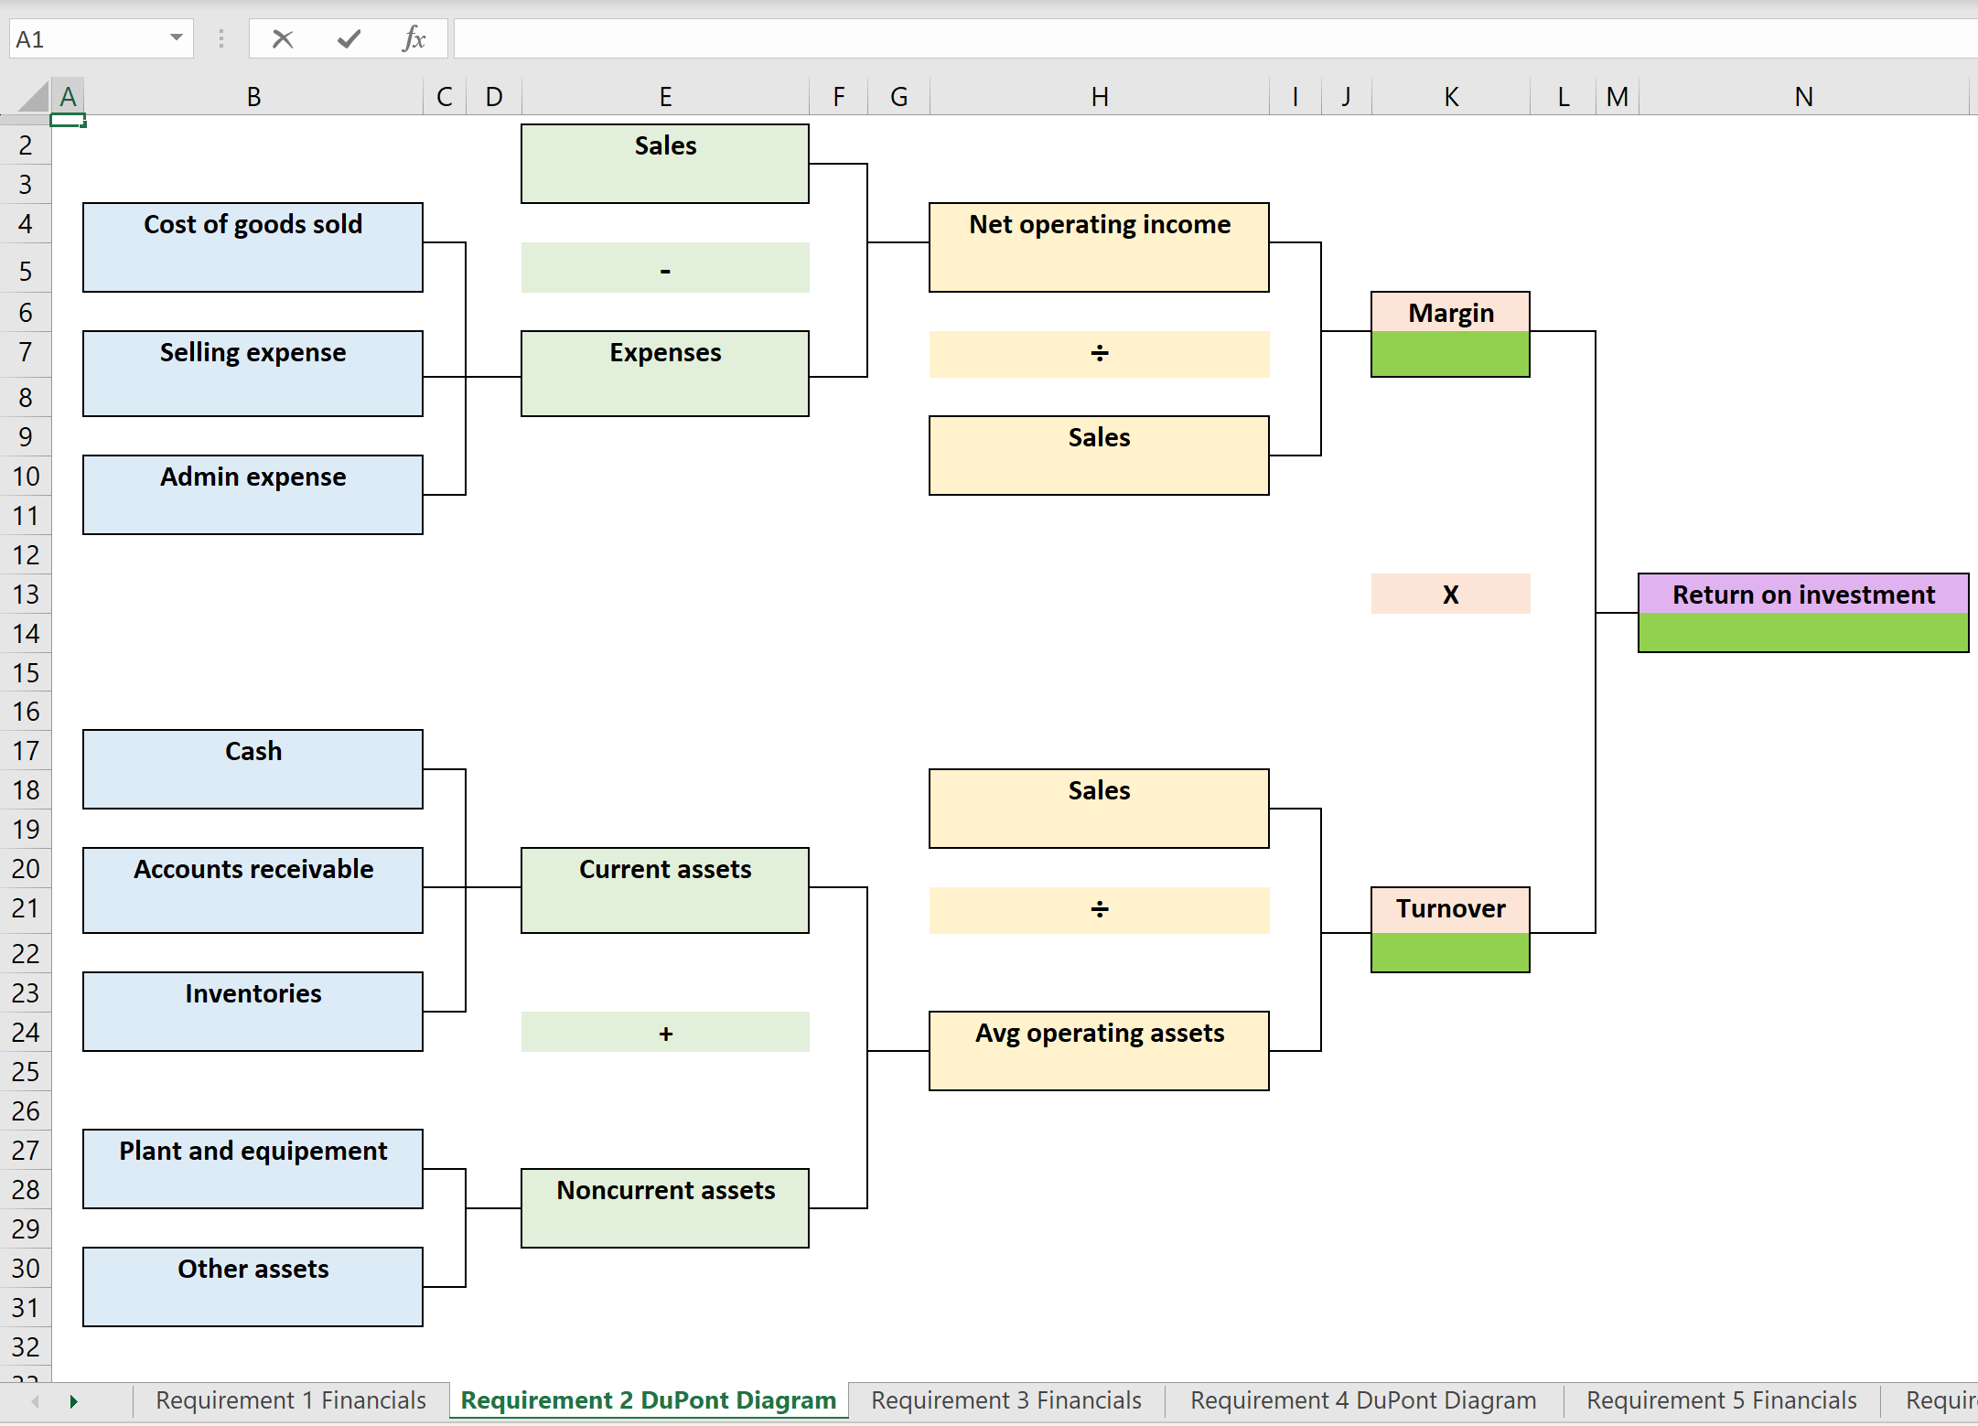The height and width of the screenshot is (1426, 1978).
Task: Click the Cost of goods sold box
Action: pos(253,247)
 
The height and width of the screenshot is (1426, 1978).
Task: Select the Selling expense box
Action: pos(253,373)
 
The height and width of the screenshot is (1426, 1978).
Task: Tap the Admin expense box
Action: pos(253,494)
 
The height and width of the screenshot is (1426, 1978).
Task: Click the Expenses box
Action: pos(665,373)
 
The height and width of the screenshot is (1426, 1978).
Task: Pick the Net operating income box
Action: pos(1099,247)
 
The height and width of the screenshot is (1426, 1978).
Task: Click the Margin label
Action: pos(1450,313)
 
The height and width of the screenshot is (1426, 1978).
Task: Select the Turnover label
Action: pos(1450,908)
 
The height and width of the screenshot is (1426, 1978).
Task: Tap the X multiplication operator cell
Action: pos(1450,595)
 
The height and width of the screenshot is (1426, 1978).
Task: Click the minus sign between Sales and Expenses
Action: pos(665,269)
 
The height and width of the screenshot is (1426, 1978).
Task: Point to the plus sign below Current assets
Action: pos(665,1033)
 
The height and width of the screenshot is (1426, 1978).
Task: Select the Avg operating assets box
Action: pos(1099,1050)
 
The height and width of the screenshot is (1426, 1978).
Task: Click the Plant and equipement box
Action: pos(253,1168)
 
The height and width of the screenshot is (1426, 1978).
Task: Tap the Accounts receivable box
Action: pos(253,889)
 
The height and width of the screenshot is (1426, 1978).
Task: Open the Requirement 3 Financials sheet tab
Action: pos(1005,1400)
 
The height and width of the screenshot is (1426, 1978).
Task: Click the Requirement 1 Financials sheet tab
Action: pos(291,1400)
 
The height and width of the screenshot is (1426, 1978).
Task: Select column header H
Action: pos(1099,96)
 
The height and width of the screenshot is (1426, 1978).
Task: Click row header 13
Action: pos(26,595)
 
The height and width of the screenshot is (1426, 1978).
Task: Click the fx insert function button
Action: pos(414,38)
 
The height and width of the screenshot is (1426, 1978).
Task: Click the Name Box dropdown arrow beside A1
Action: pos(176,38)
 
